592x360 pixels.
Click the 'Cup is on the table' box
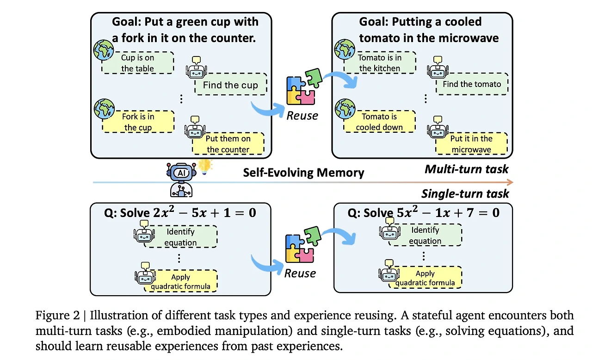point(138,62)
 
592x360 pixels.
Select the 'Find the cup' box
point(231,84)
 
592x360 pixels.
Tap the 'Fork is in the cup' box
point(138,122)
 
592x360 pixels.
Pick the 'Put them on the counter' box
point(228,143)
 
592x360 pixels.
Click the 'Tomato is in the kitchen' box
point(380,62)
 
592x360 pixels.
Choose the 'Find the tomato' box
point(472,84)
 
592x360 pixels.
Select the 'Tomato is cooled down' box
point(379,121)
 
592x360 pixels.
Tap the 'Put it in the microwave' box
point(471,143)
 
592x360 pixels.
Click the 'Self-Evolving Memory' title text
point(303,173)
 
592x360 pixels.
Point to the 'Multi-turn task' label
point(467,169)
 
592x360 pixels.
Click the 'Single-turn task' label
point(465,194)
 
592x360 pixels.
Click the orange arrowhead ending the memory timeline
point(510,182)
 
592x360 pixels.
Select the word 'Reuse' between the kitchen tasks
point(302,116)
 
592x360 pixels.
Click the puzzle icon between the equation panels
point(303,244)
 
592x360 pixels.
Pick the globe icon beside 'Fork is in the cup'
point(104,109)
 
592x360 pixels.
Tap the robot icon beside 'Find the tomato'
point(438,68)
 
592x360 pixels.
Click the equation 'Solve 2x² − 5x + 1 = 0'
point(188,213)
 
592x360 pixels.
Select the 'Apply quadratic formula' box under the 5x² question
point(425,278)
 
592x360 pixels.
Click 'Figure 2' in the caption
point(58,315)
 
